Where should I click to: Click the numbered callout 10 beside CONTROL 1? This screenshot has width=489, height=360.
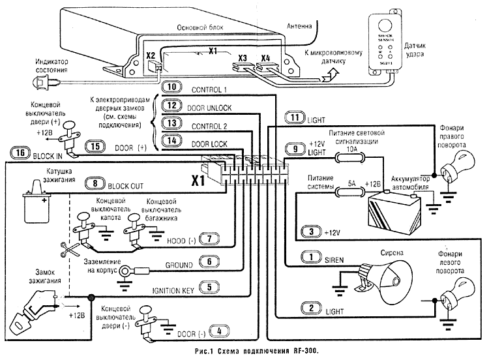(170, 87)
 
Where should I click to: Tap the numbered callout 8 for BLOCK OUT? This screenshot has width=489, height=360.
(96, 184)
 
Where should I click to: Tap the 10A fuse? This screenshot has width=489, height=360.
(351, 157)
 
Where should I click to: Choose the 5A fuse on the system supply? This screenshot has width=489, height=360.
(351, 189)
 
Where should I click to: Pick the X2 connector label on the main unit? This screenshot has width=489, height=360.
(151, 55)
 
